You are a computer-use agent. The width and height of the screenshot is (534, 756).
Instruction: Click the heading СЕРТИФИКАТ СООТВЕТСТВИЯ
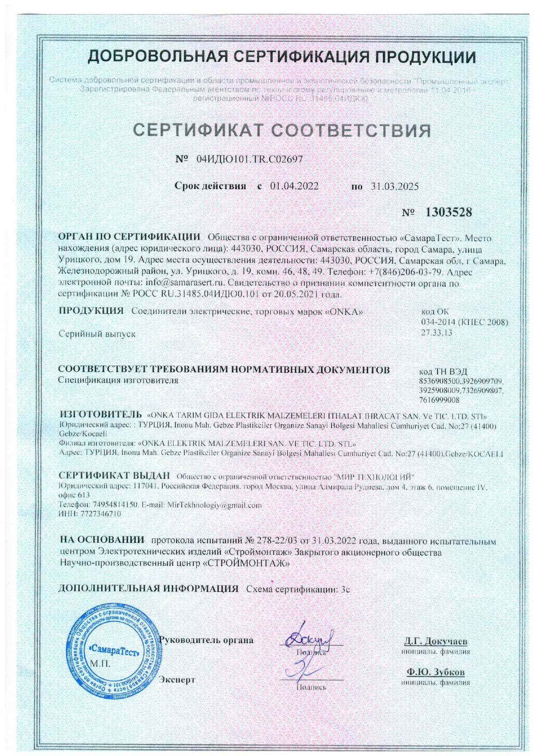point(282,130)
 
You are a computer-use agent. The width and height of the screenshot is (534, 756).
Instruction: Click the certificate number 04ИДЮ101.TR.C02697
point(249,159)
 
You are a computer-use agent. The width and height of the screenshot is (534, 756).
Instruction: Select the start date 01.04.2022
point(294,186)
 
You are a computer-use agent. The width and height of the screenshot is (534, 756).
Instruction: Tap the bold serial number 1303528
point(449,212)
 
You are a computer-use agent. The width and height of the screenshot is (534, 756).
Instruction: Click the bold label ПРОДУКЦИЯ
point(91,311)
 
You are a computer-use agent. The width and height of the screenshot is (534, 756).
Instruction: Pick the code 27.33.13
point(436,332)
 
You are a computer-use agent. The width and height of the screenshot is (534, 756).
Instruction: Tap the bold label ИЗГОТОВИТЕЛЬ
point(100,415)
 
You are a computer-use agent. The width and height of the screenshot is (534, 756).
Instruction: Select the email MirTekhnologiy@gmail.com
point(214,505)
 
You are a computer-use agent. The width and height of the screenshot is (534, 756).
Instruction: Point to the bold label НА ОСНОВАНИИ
point(102,540)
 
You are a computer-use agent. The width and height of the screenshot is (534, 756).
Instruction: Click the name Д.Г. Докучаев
point(436,641)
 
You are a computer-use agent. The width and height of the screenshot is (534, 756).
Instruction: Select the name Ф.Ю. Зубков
point(436,672)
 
